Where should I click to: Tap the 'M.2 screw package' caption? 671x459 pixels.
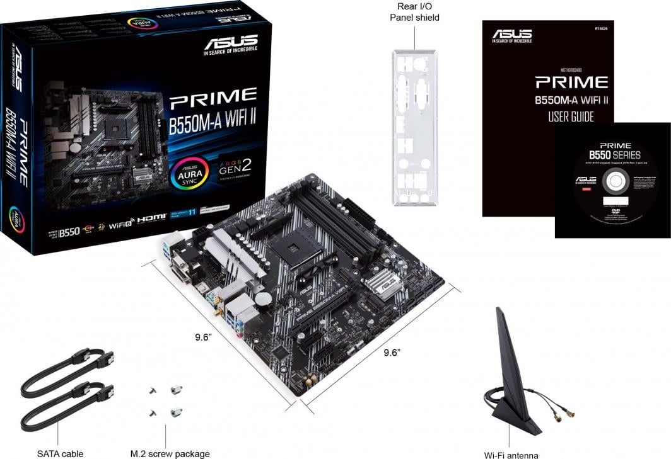click(x=170, y=453)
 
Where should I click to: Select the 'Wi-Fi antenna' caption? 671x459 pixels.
click(x=511, y=455)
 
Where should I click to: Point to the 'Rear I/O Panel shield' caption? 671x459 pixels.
click(x=414, y=11)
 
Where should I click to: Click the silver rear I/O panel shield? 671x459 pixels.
click(x=415, y=132)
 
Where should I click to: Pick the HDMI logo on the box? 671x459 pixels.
click(x=151, y=218)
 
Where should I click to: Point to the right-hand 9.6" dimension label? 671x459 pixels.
click(x=392, y=353)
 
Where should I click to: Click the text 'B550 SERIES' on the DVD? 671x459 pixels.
click(x=614, y=155)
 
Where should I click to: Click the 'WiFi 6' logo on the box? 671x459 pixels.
click(x=122, y=224)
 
